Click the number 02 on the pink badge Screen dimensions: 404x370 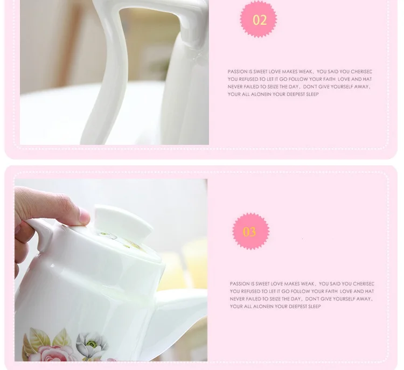[260, 20]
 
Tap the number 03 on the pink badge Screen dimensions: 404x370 [249, 232]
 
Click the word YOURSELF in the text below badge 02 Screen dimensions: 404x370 [342, 87]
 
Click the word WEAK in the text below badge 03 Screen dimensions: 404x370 [308, 284]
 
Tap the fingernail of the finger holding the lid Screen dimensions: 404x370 [84, 215]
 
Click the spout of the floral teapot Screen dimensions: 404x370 [178, 312]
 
